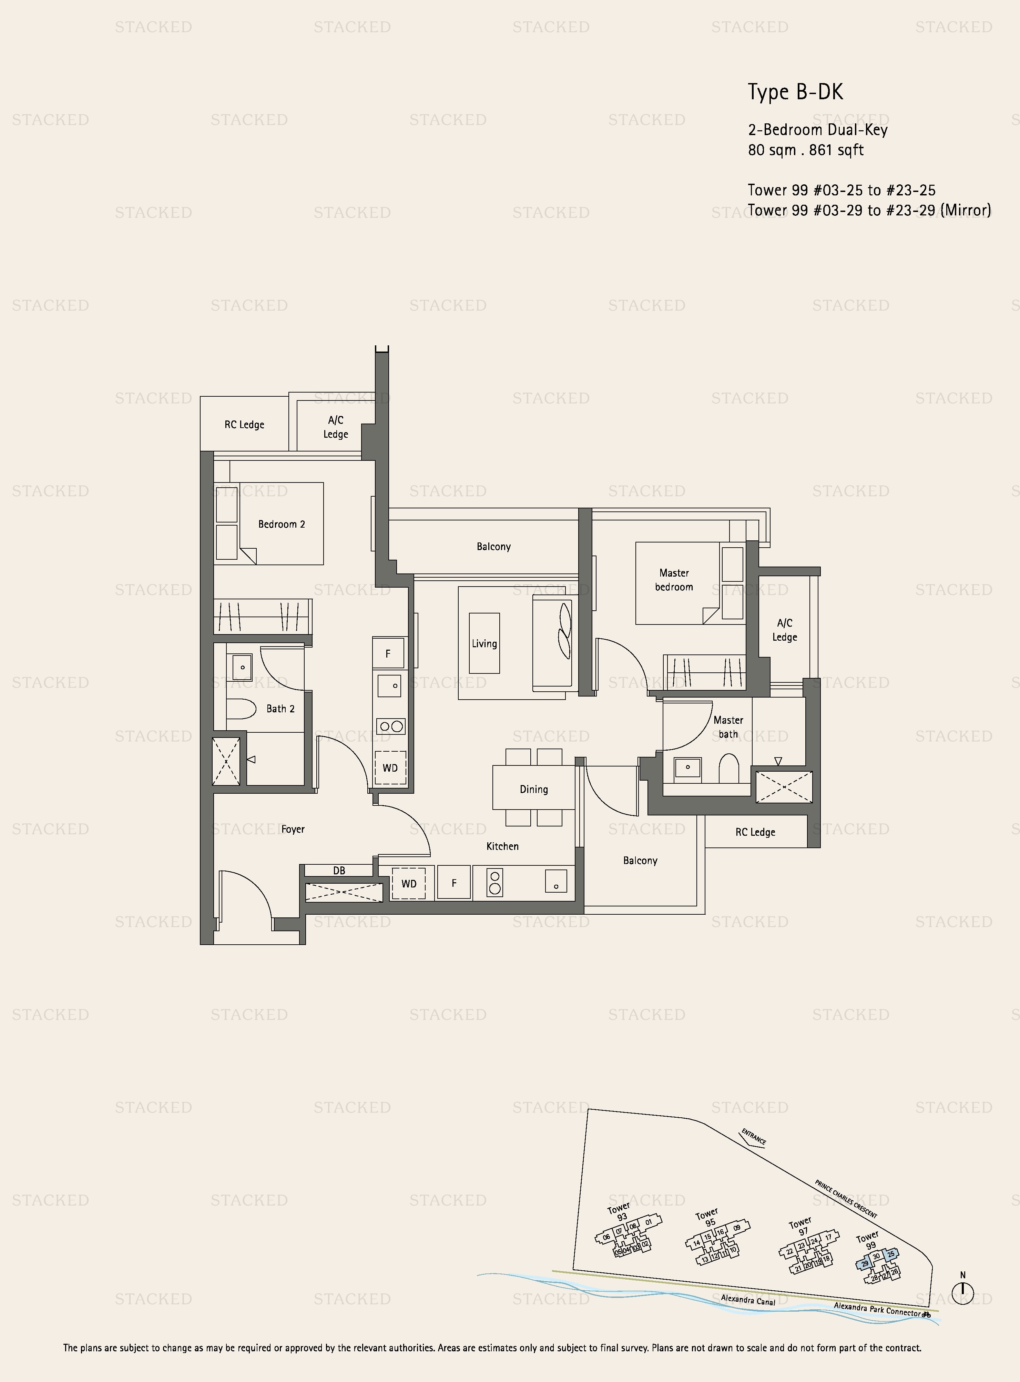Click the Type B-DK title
pos(795,92)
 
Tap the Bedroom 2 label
pos(282,524)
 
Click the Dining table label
pos(533,789)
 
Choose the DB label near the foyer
pos(339,871)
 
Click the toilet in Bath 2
pos(241,709)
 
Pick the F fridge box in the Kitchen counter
pos(454,883)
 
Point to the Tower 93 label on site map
pos(620,1211)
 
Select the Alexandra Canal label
pos(748,1300)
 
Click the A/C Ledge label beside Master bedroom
pos(784,630)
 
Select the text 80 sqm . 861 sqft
pos(806,150)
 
